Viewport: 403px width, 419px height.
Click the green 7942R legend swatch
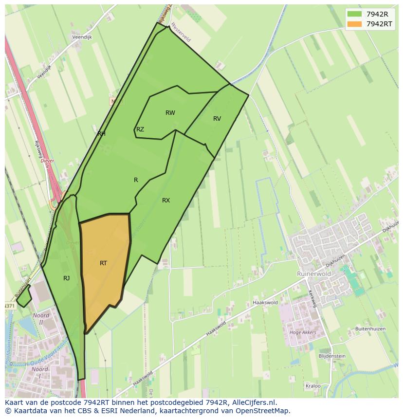[x=354, y=14]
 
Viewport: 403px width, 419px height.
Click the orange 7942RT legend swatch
[x=354, y=24]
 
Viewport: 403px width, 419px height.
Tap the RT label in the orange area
[x=103, y=263]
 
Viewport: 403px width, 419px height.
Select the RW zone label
[x=170, y=113]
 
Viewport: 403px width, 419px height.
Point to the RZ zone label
[x=140, y=129]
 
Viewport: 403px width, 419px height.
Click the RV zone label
[x=217, y=119]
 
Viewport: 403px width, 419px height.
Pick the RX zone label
[x=166, y=200]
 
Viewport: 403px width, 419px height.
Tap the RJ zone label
[x=66, y=278]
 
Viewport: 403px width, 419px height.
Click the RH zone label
[x=101, y=133]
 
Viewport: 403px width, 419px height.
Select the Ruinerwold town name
[x=314, y=274]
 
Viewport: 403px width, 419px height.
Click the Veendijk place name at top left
[x=82, y=37]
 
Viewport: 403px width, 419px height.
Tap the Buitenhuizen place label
[x=370, y=329]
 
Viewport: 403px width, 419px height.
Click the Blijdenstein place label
[x=332, y=356]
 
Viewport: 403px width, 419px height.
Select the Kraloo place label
[x=313, y=386]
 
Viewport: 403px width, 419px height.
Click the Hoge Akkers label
[x=303, y=333]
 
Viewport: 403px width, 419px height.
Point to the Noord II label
[x=41, y=319]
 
